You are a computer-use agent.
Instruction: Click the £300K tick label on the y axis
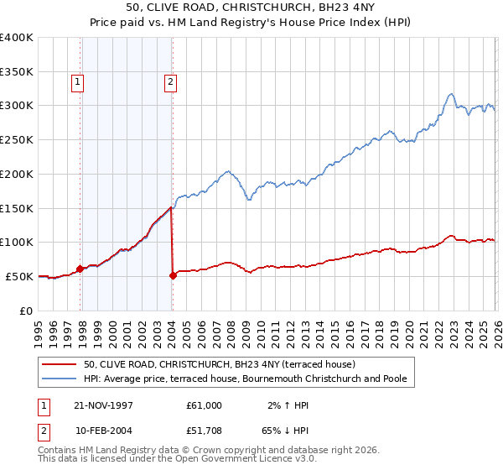(x=17, y=106)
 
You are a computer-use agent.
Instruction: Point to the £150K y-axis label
(x=17, y=208)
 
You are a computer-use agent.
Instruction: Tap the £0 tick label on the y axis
(x=27, y=311)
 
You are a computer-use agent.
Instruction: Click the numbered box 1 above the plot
(x=78, y=82)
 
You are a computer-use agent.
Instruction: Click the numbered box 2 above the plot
(x=169, y=82)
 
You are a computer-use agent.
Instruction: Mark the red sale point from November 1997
(x=80, y=269)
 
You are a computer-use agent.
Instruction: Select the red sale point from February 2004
(x=173, y=275)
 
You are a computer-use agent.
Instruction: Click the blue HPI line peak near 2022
(x=451, y=94)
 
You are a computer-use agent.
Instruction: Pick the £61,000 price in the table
(x=205, y=405)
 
